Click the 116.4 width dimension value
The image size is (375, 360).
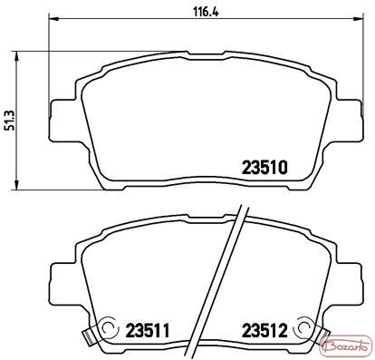(x=206, y=13)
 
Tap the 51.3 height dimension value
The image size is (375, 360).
(x=10, y=121)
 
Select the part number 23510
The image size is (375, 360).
(x=264, y=168)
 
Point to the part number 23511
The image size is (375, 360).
(x=148, y=331)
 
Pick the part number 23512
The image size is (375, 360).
(x=264, y=331)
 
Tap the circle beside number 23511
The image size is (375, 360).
(x=107, y=326)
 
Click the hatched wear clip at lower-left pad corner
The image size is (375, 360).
(x=87, y=337)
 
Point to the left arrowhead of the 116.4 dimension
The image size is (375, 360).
(x=53, y=18)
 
